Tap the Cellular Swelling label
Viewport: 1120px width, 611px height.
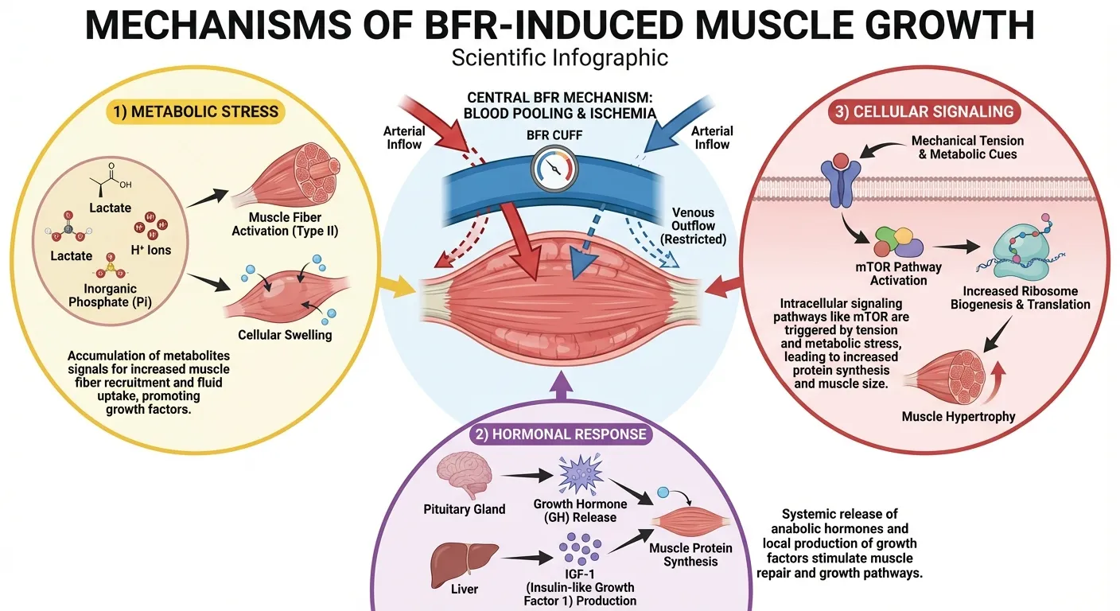tap(285, 335)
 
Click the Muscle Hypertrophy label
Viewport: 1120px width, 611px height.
tap(958, 416)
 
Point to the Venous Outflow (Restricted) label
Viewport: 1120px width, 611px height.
tap(692, 227)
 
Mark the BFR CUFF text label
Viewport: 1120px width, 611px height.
tap(554, 135)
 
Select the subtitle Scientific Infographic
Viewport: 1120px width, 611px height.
tap(559, 58)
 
